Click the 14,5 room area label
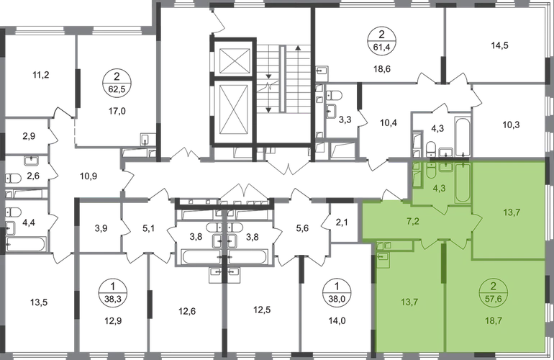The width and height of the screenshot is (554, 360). tap(501, 48)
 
